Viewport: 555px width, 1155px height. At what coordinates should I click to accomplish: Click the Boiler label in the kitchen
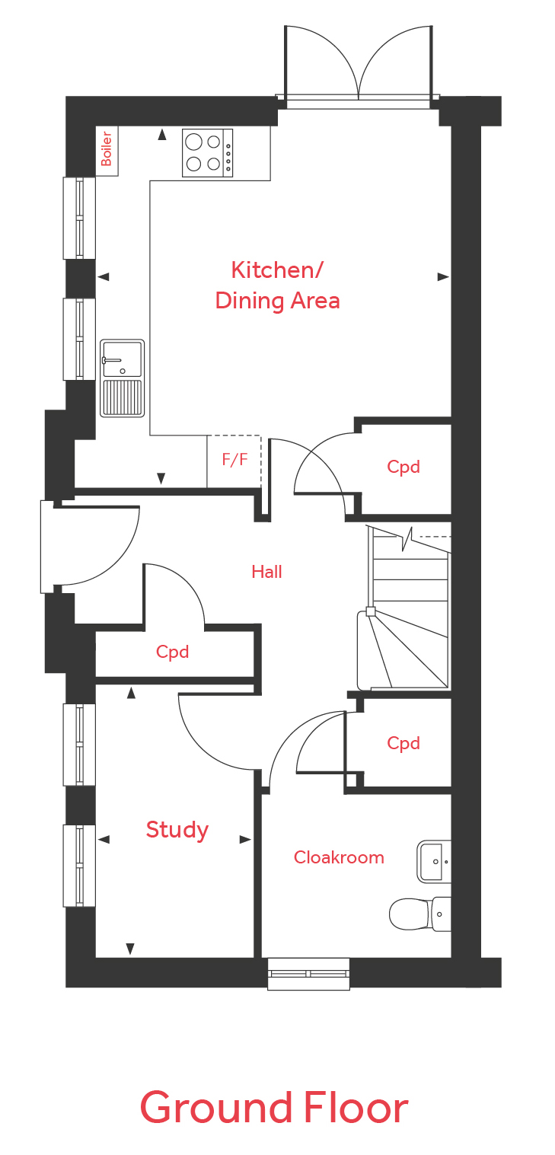pyautogui.click(x=107, y=149)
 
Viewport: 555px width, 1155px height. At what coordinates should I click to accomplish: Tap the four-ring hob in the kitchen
pyautogui.click(x=207, y=153)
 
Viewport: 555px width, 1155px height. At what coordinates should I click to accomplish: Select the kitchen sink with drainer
pyautogui.click(x=123, y=378)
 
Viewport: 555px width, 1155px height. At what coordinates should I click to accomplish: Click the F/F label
pyautogui.click(x=234, y=460)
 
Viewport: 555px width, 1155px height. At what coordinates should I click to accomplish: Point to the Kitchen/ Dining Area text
pyautogui.click(x=277, y=286)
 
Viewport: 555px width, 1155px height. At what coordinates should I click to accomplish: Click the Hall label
pyautogui.click(x=266, y=572)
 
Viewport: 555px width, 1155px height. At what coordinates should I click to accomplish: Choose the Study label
pyautogui.click(x=177, y=829)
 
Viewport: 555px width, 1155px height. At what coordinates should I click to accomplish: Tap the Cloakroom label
pyautogui.click(x=339, y=858)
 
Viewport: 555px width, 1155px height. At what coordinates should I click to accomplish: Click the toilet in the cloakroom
pyautogui.click(x=419, y=914)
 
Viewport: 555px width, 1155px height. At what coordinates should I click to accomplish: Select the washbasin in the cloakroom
pyautogui.click(x=434, y=861)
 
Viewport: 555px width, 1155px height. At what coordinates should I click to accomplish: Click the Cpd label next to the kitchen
pyautogui.click(x=403, y=467)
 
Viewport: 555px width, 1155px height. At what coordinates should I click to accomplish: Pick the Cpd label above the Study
pyautogui.click(x=172, y=652)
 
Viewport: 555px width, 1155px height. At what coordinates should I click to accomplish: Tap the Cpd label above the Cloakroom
pyautogui.click(x=403, y=743)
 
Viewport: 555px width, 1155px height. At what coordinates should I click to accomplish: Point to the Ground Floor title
pyautogui.click(x=273, y=1109)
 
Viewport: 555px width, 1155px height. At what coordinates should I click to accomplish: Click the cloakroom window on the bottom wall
pyautogui.click(x=308, y=973)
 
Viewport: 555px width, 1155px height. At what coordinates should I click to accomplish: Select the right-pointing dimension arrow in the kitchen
pyautogui.click(x=442, y=276)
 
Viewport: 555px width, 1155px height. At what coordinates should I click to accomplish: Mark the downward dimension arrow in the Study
pyautogui.click(x=130, y=949)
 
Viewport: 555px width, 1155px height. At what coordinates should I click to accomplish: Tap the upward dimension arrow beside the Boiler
pyautogui.click(x=161, y=135)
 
